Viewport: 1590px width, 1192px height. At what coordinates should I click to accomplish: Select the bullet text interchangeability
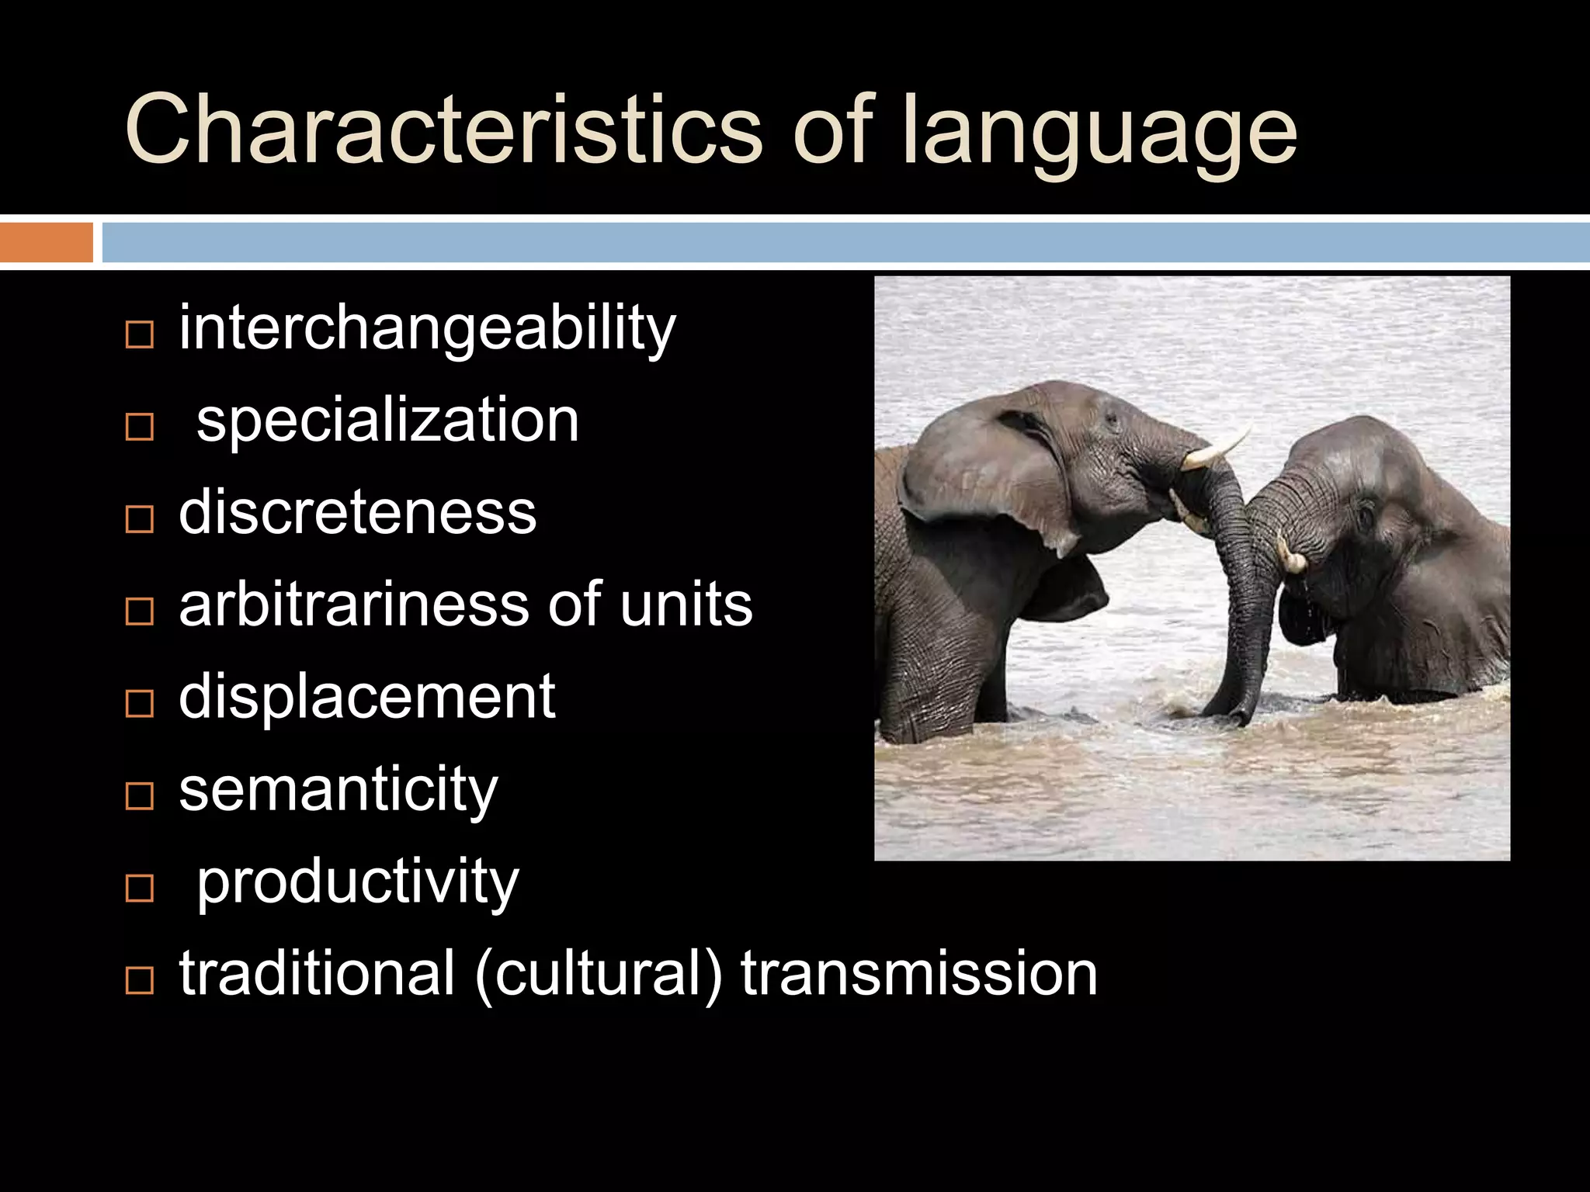click(427, 329)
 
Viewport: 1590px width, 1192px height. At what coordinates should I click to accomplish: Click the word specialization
click(387, 420)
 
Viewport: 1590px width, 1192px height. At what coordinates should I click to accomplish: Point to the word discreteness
click(357, 513)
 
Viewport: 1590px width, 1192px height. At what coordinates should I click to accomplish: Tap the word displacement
click(366, 697)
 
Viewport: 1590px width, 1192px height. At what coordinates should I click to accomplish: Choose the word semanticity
click(338, 789)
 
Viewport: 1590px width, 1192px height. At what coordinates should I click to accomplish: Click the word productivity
click(357, 882)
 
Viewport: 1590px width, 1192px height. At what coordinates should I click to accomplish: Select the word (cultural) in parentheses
click(598, 973)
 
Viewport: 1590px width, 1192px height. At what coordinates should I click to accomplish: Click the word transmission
click(919, 973)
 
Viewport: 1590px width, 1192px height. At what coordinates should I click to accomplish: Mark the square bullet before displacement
click(139, 705)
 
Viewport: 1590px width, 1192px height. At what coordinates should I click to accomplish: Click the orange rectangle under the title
click(46, 242)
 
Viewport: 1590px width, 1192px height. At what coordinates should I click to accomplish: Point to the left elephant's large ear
click(986, 481)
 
